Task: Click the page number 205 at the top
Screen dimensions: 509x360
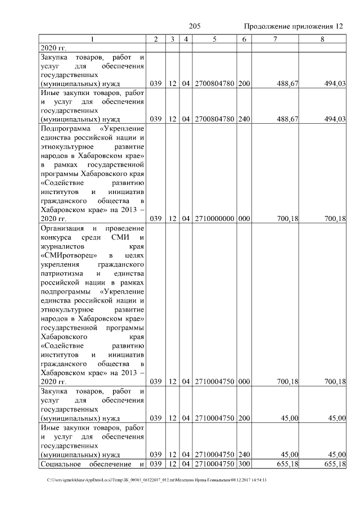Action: [x=195, y=26]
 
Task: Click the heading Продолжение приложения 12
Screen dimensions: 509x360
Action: [x=293, y=26]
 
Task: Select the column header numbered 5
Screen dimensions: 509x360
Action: [x=214, y=39]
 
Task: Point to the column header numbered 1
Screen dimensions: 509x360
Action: [x=92, y=39]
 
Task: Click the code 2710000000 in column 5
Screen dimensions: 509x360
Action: [x=214, y=219]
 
